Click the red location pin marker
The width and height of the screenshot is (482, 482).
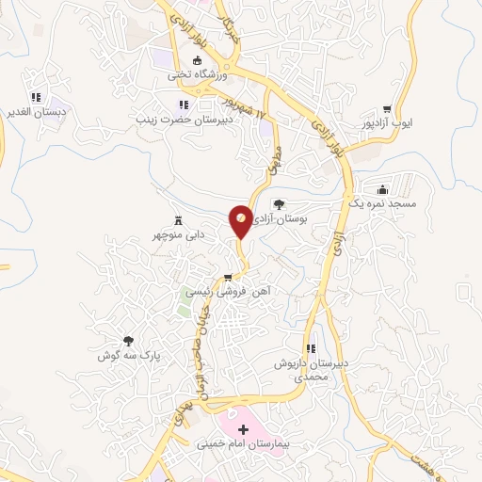pyautogui.click(x=241, y=220)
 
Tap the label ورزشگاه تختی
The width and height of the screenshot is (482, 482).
pyautogui.click(x=192, y=73)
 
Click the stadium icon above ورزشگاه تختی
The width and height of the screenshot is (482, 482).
pyautogui.click(x=198, y=60)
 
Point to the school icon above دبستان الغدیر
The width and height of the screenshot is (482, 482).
pyautogui.click(x=36, y=96)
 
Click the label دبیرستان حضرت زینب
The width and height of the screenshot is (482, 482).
pyautogui.click(x=181, y=119)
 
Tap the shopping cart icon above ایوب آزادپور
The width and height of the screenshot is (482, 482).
pyautogui.click(x=387, y=108)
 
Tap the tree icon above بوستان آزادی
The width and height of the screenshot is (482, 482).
pyautogui.click(x=278, y=203)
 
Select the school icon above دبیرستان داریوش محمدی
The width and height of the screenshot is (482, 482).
pyautogui.click(x=310, y=348)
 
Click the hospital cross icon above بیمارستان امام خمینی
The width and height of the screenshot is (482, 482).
pyautogui.click(x=244, y=428)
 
